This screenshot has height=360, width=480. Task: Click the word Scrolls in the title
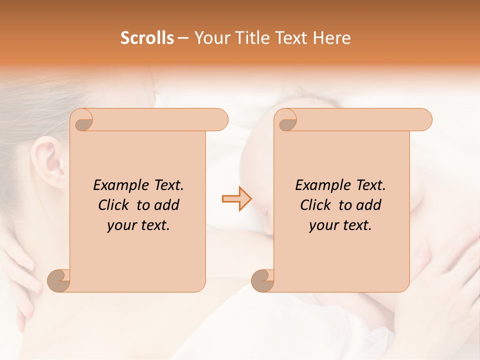pyautogui.click(x=147, y=38)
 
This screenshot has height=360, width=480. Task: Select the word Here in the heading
pyautogui.click(x=331, y=38)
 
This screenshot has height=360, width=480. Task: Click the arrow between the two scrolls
pyautogui.click(x=237, y=199)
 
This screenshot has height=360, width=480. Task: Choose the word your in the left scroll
pyautogui.click(x=120, y=225)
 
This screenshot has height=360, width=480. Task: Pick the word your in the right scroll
pyautogui.click(x=322, y=225)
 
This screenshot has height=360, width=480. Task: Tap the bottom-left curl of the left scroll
pyautogui.click(x=59, y=280)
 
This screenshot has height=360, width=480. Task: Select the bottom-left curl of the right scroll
pyautogui.click(x=262, y=280)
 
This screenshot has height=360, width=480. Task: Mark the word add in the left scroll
pyautogui.click(x=166, y=205)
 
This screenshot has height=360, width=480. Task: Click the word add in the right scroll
pyautogui.click(x=368, y=205)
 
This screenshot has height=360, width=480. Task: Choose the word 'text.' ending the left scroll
pyautogui.click(x=153, y=225)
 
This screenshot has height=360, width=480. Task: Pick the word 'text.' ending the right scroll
pyautogui.click(x=355, y=225)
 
